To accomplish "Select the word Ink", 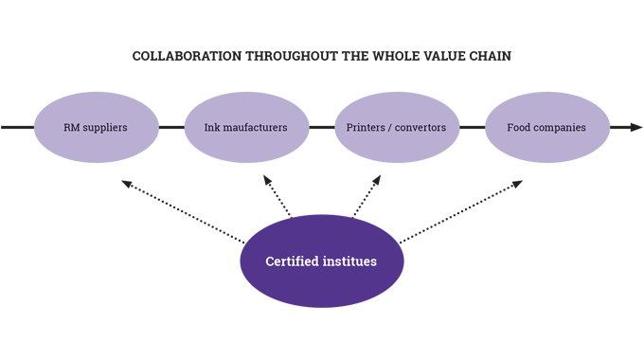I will [x=214, y=126].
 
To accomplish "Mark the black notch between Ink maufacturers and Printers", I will [x=322, y=126].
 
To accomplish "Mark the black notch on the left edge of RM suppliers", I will [x=21, y=126].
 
